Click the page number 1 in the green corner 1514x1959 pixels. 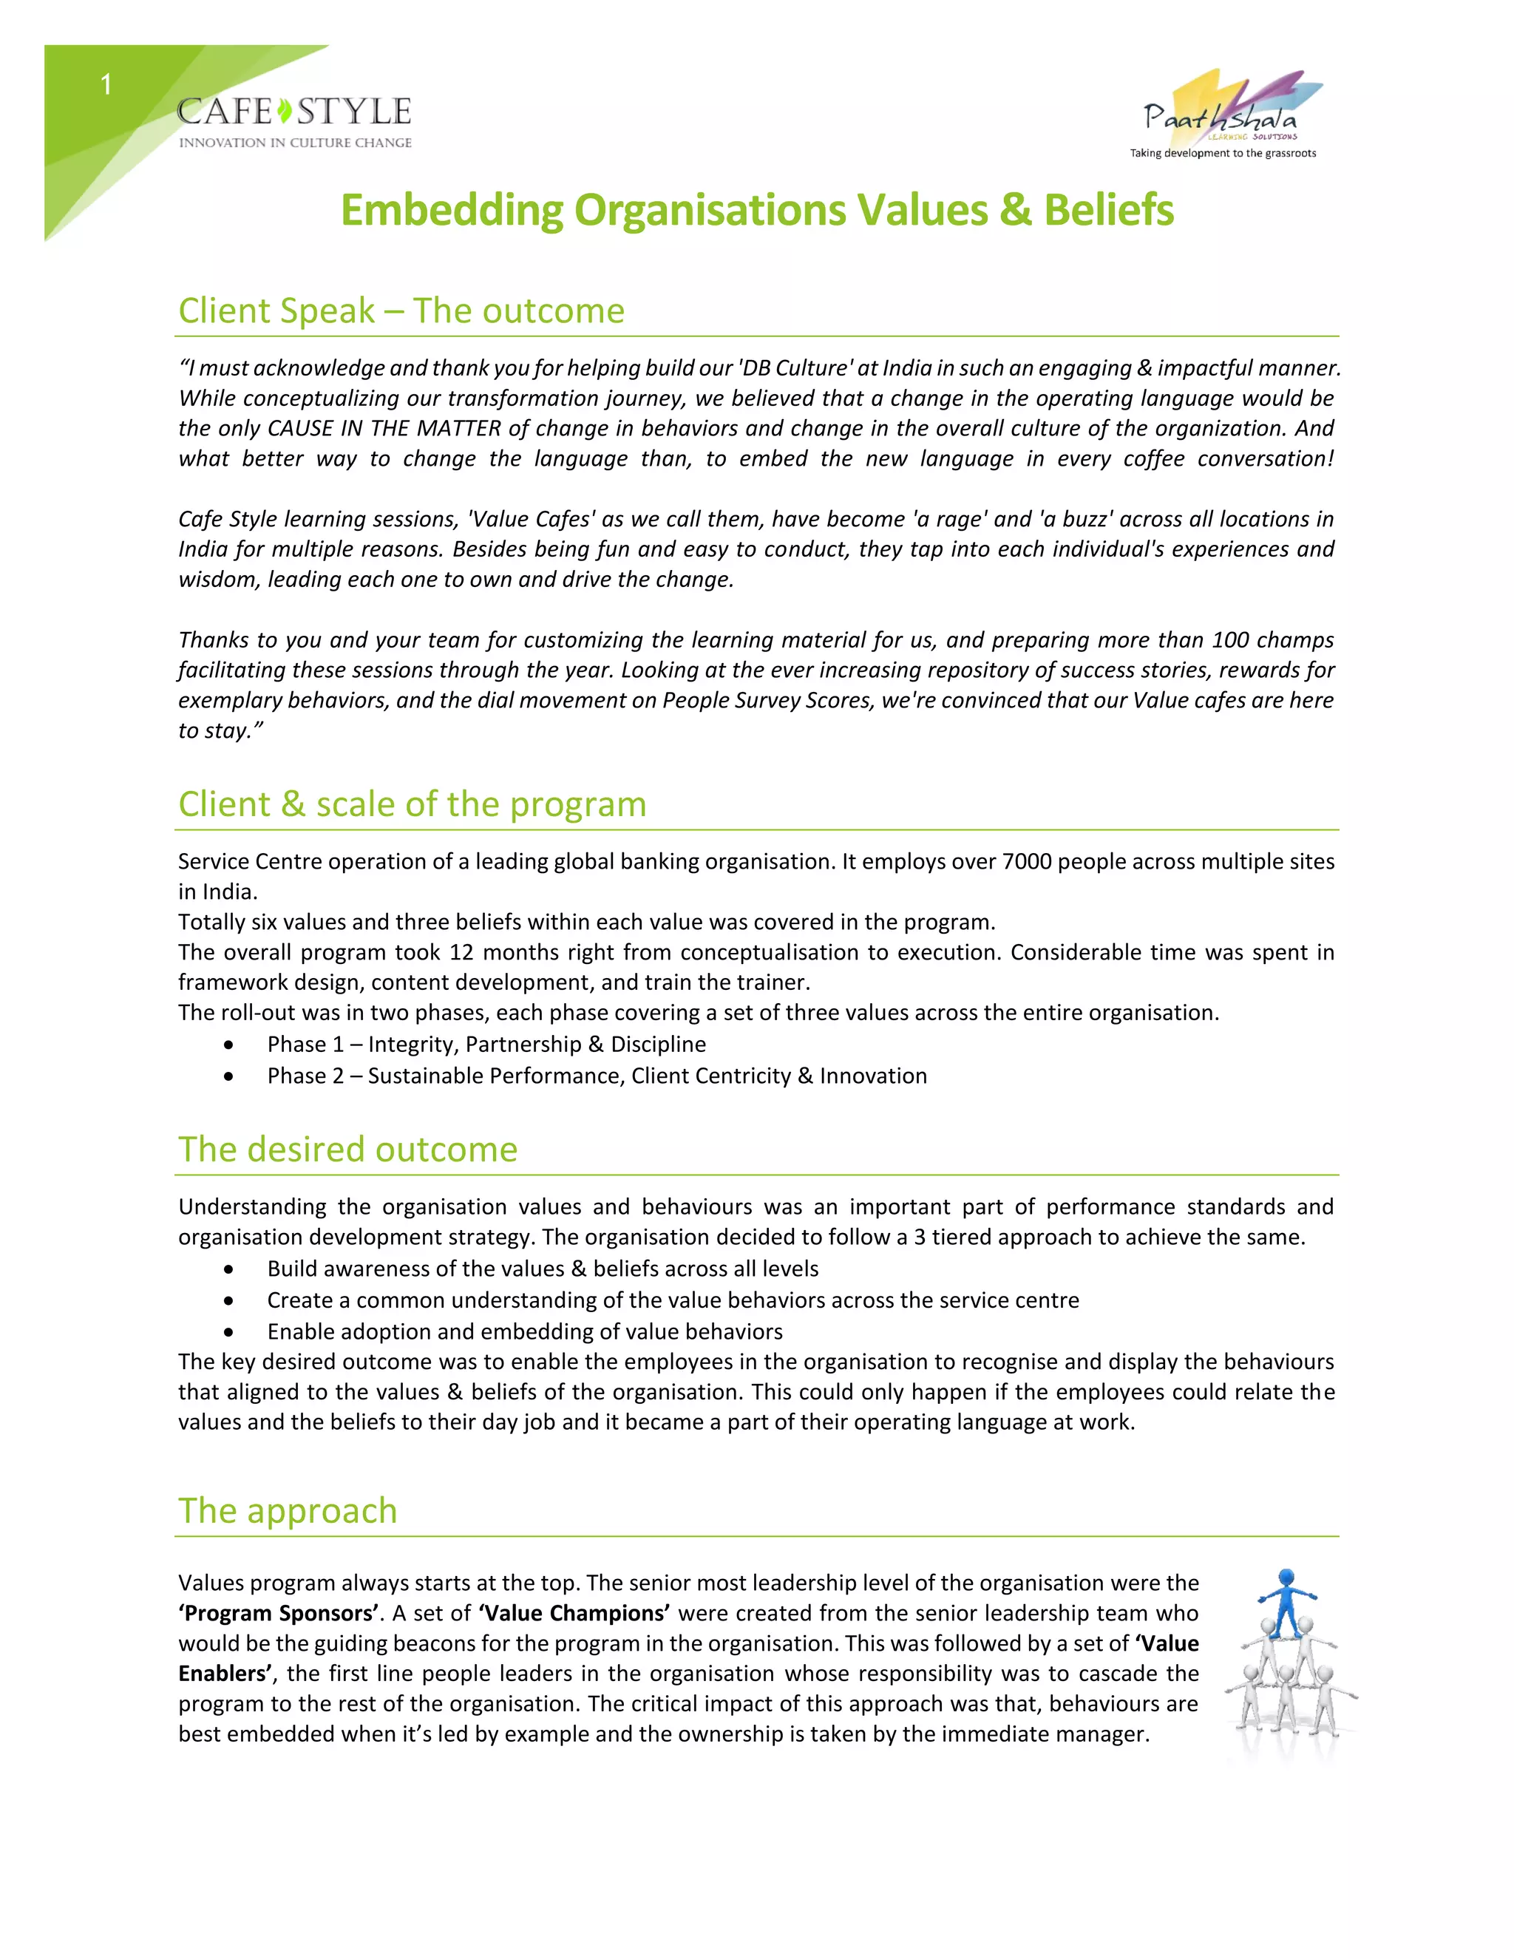[106, 85]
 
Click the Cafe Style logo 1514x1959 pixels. [294, 122]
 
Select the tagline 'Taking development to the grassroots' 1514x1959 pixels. [1223, 153]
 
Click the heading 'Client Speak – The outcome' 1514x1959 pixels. [401, 310]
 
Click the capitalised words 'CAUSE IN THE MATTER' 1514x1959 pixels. [384, 428]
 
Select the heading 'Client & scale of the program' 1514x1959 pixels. [412, 804]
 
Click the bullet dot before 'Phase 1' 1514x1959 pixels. [230, 1045]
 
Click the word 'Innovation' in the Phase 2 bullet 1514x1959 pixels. [873, 1076]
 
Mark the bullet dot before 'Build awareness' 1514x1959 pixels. [230, 1269]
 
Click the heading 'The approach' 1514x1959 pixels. [287, 1510]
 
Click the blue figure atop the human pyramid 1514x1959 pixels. [1287, 1596]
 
